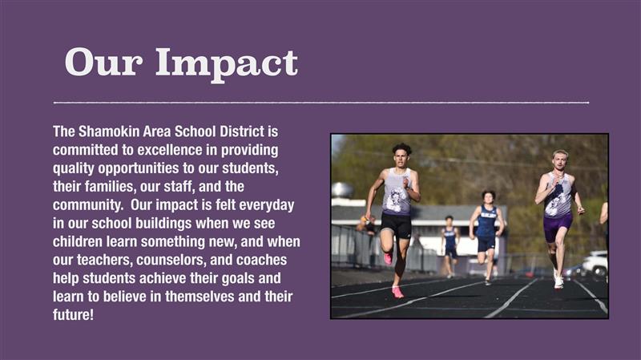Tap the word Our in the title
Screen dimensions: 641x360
point(103,63)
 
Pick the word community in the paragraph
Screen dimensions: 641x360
point(87,205)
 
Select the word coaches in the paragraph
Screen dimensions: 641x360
point(262,261)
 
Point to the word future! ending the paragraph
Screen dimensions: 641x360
point(73,314)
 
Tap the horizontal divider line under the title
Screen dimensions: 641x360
point(321,103)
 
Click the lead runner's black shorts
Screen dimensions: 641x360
point(396,224)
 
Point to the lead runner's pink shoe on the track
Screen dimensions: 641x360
point(397,292)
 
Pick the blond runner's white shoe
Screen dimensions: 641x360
point(558,282)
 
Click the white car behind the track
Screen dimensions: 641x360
point(595,264)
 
